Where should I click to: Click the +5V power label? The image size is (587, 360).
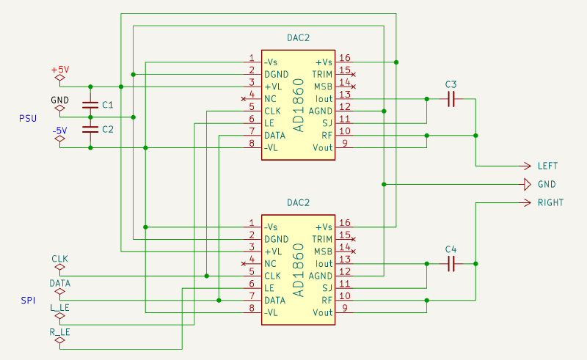tap(60, 70)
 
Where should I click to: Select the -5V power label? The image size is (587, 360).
tap(60, 131)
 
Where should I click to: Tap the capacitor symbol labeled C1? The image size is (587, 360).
tap(91, 105)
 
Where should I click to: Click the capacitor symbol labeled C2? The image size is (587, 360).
tap(91, 129)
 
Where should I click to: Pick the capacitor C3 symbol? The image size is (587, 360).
tap(451, 98)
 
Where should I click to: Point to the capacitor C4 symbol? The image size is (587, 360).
tap(451, 263)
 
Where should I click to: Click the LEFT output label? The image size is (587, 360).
tap(547, 166)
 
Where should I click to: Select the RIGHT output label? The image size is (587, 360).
tap(550, 202)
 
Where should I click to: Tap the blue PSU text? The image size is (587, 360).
tap(28, 117)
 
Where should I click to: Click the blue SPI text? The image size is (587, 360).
tap(27, 301)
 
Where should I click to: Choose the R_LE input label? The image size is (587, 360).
tap(60, 331)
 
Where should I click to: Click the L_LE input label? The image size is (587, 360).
tap(60, 307)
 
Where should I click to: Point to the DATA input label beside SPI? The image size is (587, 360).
tap(60, 282)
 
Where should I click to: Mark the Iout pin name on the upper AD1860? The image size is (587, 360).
tap(323, 98)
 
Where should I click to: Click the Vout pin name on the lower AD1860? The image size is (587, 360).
tap(323, 312)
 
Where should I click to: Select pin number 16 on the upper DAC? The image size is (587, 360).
tap(345, 59)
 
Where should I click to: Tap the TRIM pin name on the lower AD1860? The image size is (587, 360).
tap(323, 239)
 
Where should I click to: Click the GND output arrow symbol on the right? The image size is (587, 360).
tap(527, 184)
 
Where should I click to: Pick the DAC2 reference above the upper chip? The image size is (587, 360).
tap(299, 37)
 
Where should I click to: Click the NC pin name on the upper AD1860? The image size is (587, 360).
tap(271, 98)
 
